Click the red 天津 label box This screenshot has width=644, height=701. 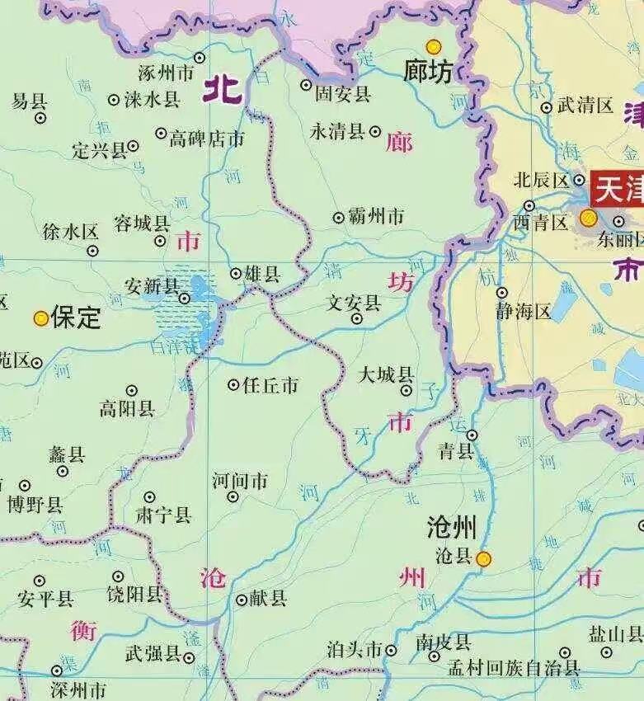pos(618,189)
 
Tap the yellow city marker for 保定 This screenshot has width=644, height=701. pos(40,318)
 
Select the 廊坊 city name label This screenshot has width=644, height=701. pos(428,73)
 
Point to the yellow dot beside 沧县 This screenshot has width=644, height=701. pos(484,558)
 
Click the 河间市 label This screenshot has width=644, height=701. pos(240,480)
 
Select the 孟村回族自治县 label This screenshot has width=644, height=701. pos(514,669)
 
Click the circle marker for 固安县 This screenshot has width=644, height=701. pos(306,85)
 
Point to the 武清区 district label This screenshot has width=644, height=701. pos(586,106)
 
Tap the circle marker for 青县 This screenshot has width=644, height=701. pos(472,435)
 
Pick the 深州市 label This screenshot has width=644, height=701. pos(78,689)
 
